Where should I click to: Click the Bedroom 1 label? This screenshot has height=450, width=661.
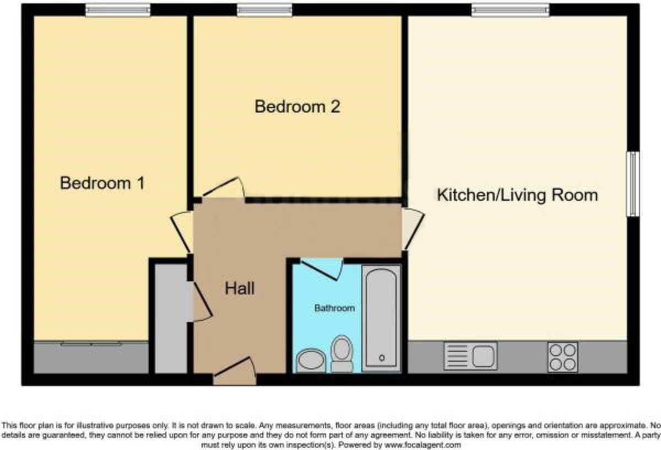pos(102,183)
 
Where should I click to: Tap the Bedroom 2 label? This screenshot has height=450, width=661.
pos(297,106)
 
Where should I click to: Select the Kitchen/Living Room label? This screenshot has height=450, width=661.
pos(517,195)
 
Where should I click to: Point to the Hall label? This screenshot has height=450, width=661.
pos(240,288)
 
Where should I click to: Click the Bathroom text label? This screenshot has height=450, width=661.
pos(334,308)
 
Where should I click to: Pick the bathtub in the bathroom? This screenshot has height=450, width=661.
pos(381,317)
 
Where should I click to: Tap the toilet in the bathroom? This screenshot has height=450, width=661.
pos(342,353)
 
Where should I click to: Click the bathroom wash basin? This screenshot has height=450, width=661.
pos(311,360)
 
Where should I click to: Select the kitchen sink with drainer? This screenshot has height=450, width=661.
pos(470,356)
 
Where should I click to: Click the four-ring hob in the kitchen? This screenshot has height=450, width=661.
pos(562,356)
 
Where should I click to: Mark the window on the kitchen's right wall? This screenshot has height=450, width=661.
pos(633,184)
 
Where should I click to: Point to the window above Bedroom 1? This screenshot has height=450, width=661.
pos(117,9)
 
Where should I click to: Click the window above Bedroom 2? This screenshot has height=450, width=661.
pos(264,9)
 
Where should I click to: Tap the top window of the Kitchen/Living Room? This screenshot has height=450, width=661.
pos(510,9)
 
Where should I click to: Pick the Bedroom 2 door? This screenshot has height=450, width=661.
pos(222,190)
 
